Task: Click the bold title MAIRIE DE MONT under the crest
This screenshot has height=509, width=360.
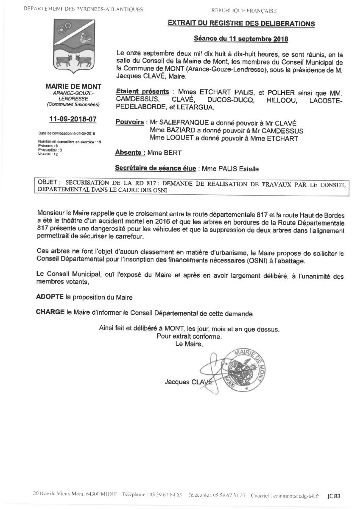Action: click(x=72, y=87)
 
